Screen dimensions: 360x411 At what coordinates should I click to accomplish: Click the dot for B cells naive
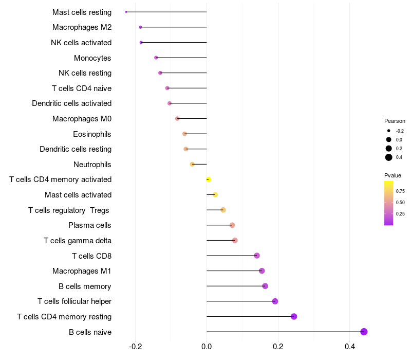pos(364,332)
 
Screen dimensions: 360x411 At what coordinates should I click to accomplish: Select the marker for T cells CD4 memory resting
pos(294,316)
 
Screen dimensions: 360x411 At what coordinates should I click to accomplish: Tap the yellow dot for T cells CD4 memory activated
pos(208,179)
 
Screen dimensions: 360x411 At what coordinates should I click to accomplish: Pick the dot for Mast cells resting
pos(126,12)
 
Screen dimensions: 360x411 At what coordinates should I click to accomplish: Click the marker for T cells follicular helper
pos(275,301)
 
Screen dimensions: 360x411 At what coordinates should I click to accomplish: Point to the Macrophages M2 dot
pos(140,27)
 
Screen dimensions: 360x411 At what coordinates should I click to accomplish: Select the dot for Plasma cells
pos(232,225)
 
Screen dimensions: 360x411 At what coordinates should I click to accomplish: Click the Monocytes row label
pos(92,58)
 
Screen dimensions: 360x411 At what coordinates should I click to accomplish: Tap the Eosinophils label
pos(92,134)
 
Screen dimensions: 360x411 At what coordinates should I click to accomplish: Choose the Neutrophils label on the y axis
pos(92,165)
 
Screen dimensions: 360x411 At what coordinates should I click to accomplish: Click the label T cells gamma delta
pos(78,241)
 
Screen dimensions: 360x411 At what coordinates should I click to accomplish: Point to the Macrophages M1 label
pos(82,271)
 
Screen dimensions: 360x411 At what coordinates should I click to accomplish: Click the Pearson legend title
pos(395,121)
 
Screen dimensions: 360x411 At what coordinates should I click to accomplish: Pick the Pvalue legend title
pos(393,175)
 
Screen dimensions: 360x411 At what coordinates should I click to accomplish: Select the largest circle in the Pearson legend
pos(389,157)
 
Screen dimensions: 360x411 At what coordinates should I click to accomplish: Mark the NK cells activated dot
pos(141,42)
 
